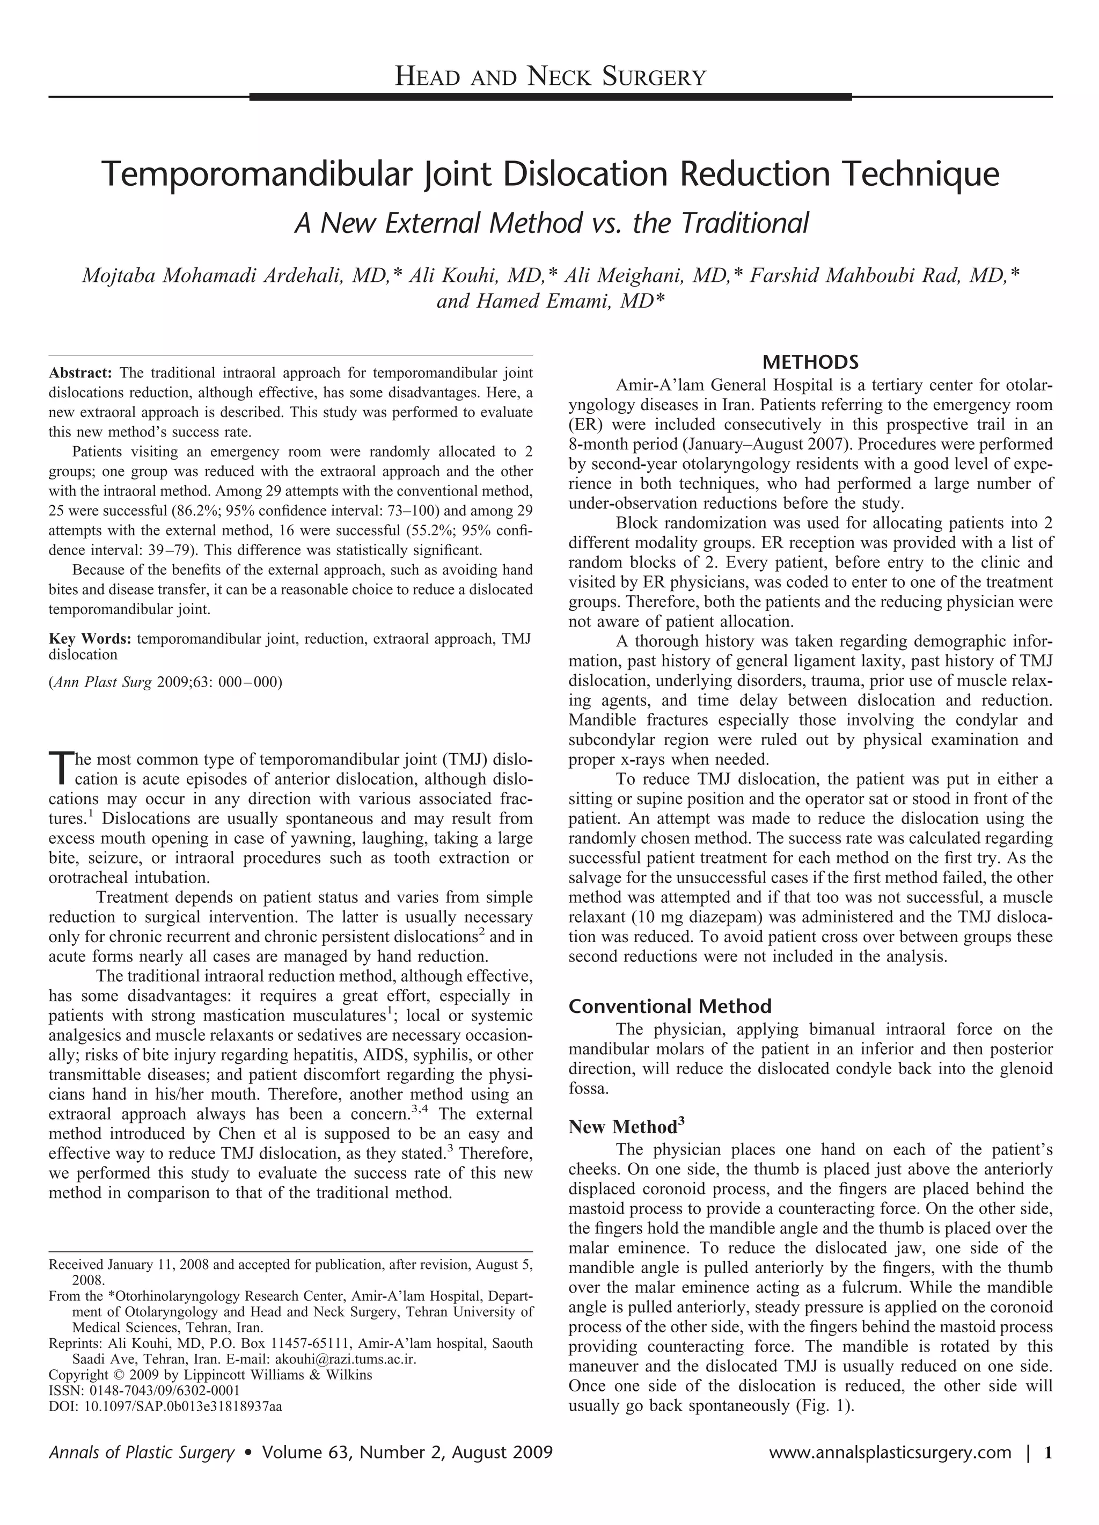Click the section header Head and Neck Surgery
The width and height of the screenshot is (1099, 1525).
click(550, 77)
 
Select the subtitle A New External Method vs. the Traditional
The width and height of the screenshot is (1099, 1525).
click(551, 223)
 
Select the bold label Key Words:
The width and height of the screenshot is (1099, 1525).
click(90, 639)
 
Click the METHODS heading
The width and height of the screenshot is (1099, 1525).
click(810, 362)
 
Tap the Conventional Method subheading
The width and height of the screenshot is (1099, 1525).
click(670, 1006)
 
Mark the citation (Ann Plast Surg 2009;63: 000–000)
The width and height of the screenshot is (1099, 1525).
click(165, 682)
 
